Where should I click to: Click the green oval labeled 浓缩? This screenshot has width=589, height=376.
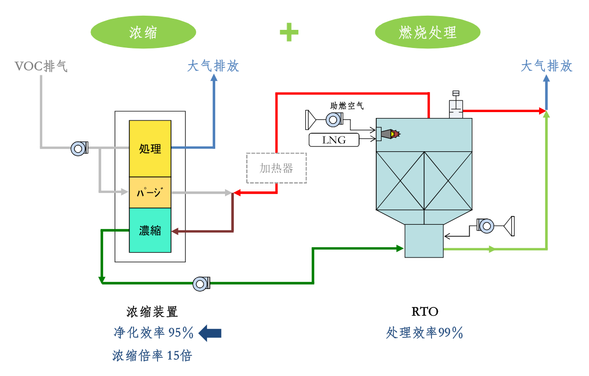143,32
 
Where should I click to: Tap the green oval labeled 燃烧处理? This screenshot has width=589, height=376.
428,32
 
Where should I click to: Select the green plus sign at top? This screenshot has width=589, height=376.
289,32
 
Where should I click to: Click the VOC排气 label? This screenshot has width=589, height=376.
41,66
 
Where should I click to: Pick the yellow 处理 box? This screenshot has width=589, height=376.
150,148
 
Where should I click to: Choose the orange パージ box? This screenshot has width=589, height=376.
150,192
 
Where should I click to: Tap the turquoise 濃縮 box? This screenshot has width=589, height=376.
150,230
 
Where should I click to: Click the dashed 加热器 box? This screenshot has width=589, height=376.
276,168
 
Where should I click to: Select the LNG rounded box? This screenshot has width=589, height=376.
334,140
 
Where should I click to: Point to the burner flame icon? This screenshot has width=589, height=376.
392,133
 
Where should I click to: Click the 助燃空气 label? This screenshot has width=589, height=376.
347,106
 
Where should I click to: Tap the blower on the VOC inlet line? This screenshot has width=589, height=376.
79,148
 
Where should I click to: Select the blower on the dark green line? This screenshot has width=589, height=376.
201,283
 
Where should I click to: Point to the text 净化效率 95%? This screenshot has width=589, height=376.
154,333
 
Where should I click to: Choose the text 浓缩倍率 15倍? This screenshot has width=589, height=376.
152,355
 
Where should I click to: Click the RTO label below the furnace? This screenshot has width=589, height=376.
425,311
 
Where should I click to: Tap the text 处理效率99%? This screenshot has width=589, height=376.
424,333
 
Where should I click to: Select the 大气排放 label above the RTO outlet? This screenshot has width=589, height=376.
546,66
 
